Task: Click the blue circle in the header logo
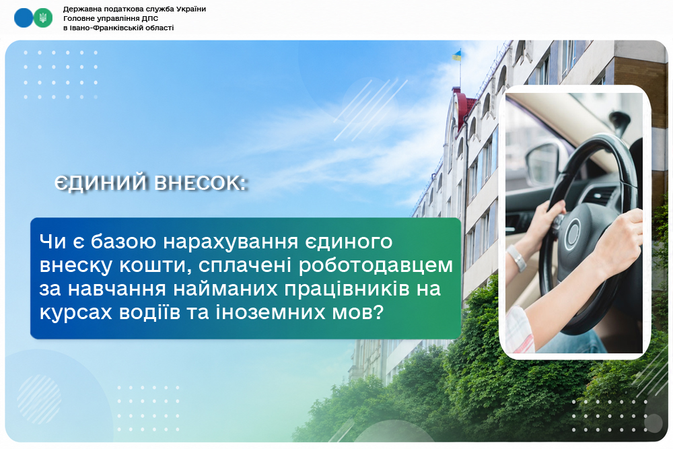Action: pyautogui.click(x=24, y=18)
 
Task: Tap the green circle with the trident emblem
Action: pyautogui.click(x=43, y=18)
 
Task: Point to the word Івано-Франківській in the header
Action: pyautogui.click(x=102, y=28)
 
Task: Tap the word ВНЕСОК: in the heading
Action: pyautogui.click(x=201, y=183)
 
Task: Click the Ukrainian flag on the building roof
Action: pyautogui.click(x=457, y=55)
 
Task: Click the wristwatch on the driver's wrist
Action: pyautogui.click(x=516, y=258)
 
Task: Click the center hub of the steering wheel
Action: pyautogui.click(x=573, y=234)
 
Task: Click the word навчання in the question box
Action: pyautogui.click(x=117, y=289)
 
